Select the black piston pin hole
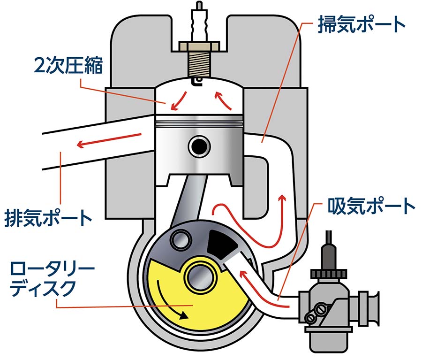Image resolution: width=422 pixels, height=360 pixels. (x=198, y=147)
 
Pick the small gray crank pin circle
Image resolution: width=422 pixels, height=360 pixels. (x=180, y=240)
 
